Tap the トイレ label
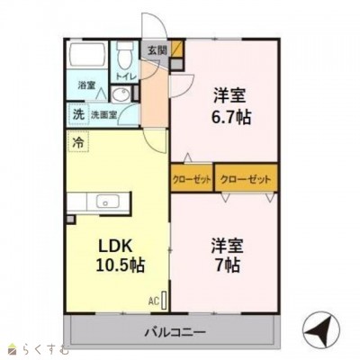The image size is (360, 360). click(x=126, y=78)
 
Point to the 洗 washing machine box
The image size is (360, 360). click(x=77, y=115)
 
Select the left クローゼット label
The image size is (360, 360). click(x=192, y=178)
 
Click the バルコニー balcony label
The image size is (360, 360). click(x=175, y=332)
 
